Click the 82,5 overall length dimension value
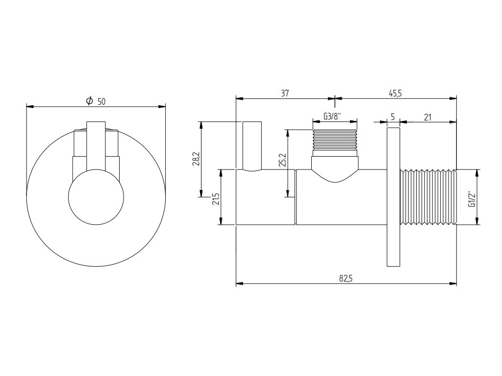[x=346, y=278]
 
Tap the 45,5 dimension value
[x=395, y=94]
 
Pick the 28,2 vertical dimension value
[x=195, y=160]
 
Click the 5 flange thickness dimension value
[x=393, y=117]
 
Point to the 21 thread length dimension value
[x=427, y=117]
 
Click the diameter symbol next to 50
[x=89, y=101]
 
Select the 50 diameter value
[x=101, y=101]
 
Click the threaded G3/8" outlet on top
[x=335, y=142]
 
